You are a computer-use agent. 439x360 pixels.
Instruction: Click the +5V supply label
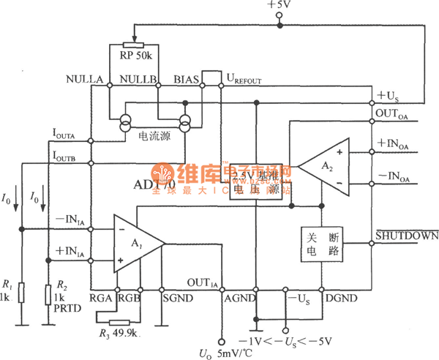point(279,6)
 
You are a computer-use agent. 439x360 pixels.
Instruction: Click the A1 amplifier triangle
point(136,243)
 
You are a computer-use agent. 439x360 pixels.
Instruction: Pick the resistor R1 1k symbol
point(21,293)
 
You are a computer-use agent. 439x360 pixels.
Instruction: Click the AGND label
point(239,299)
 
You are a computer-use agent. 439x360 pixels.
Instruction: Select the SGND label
point(175,299)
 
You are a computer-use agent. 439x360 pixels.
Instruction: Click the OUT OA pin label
point(394,114)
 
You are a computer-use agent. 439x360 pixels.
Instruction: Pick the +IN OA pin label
point(395,144)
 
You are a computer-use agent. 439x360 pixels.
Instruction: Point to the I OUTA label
point(68,132)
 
